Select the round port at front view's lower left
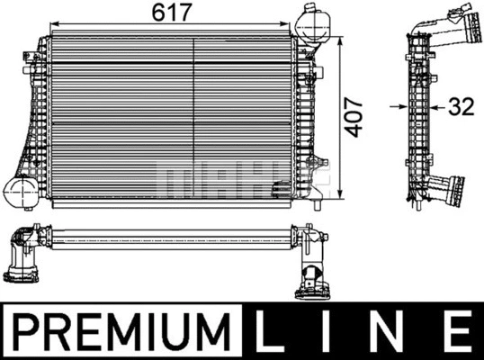pos(19,190)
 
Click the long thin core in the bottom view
pos(171,241)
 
